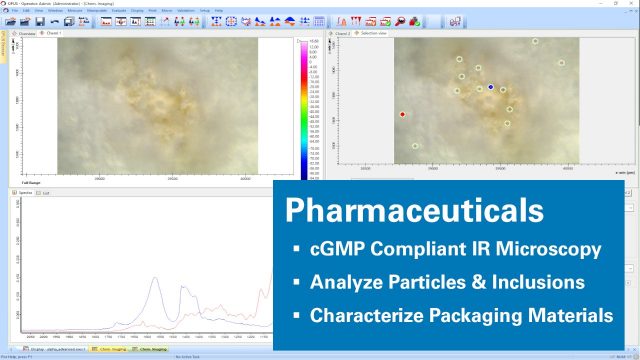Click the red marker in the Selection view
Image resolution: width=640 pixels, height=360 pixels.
pyautogui.click(x=402, y=115)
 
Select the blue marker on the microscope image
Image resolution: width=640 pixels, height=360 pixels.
pyautogui.click(x=490, y=88)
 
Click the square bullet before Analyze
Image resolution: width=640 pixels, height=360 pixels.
pyautogui.click(x=296, y=283)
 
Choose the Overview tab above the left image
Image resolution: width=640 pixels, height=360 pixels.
pyautogui.click(x=27, y=33)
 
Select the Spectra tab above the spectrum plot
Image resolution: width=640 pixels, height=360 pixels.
pyautogui.click(x=26, y=192)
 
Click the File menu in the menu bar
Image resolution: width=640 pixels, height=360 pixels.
pyautogui.click(x=15, y=11)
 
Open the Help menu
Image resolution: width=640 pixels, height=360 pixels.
pyautogui.click(x=219, y=11)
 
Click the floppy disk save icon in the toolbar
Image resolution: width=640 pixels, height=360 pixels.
pyautogui.click(x=39, y=21)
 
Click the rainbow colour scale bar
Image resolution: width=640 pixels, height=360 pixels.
pyautogui.click(x=303, y=110)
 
